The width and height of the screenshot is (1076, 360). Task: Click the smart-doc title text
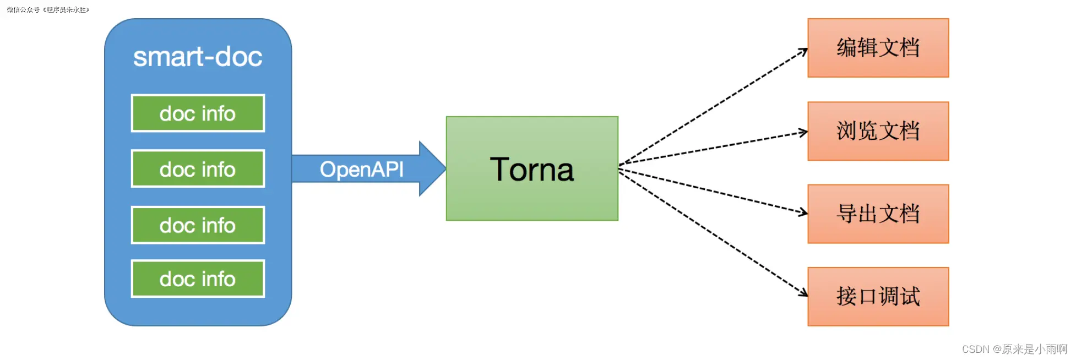tap(198, 57)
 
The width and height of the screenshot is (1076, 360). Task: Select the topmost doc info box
tap(198, 113)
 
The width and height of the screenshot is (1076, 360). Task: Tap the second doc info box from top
tap(198, 169)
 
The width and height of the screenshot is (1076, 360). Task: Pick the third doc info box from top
tap(198, 225)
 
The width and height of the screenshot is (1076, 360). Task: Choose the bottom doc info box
tap(198, 279)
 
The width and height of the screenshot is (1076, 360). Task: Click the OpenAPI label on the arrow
tap(361, 169)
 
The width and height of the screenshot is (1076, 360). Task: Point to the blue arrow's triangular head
tap(432, 168)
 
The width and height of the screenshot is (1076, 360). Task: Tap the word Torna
tap(532, 169)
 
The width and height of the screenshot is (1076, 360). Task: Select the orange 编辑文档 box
tap(878, 48)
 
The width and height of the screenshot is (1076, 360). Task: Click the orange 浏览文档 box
tap(878, 131)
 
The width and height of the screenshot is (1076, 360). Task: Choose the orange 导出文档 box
tap(878, 214)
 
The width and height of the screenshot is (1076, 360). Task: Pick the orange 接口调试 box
tap(878, 297)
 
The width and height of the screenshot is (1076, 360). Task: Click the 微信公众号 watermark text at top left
tap(48, 10)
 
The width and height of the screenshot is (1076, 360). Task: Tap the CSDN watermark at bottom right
tap(1014, 349)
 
